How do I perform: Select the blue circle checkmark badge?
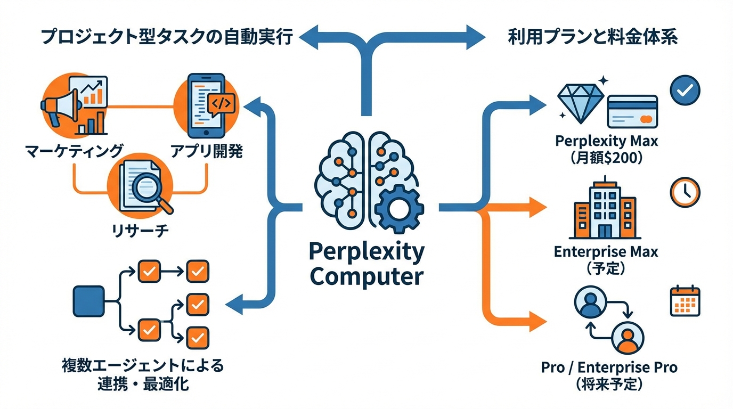tap(685, 91)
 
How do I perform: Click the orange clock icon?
tap(685, 192)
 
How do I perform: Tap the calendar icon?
tap(685, 301)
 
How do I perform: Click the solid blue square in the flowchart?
tap(88, 301)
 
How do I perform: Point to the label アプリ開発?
tap(206, 151)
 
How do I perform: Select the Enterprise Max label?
tap(606, 251)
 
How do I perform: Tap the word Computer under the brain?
tap(366, 276)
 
